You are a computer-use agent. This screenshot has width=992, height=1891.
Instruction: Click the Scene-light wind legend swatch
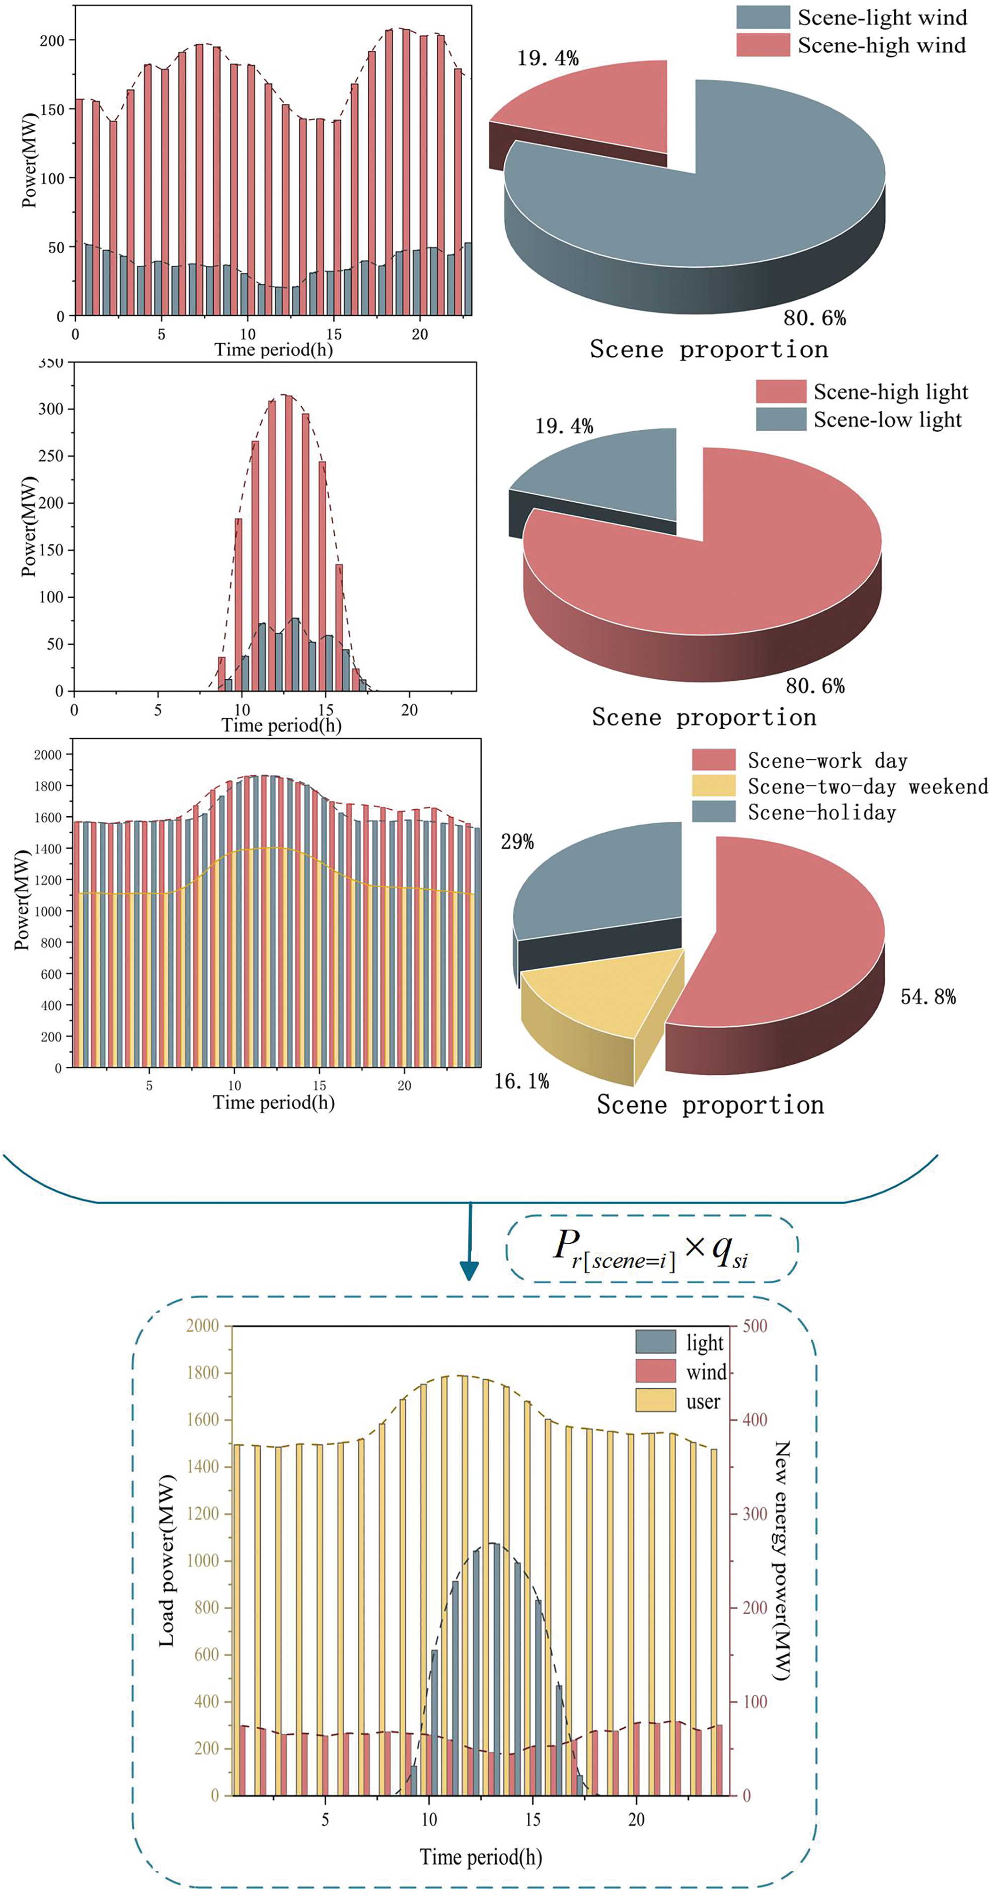click(762, 17)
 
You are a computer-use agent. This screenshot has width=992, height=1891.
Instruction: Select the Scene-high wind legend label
click(881, 45)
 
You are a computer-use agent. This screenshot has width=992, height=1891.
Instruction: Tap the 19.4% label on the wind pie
click(548, 58)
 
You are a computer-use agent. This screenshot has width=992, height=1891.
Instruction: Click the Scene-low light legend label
click(887, 420)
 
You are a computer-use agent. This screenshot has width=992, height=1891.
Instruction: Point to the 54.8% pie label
click(928, 996)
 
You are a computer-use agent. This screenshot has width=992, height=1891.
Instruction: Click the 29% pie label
click(517, 841)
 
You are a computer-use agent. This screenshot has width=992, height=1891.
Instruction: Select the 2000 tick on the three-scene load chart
click(48, 755)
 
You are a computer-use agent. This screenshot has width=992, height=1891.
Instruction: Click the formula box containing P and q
click(651, 1248)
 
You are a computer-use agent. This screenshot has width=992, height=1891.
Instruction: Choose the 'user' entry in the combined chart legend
click(703, 1401)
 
